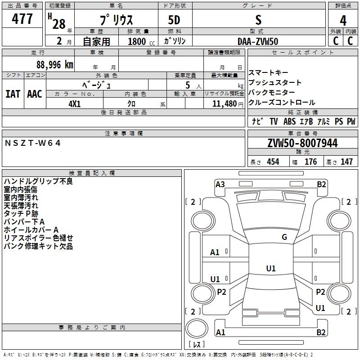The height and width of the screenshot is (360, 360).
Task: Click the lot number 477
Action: [x=22, y=19]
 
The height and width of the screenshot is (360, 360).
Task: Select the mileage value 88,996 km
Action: [x=55, y=64]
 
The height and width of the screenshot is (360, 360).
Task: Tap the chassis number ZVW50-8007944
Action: [x=302, y=143]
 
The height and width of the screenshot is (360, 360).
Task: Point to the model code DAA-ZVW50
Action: [x=258, y=41]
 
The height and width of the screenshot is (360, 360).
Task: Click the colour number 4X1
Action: [x=75, y=103]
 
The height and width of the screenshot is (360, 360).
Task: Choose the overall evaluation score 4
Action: [x=343, y=20]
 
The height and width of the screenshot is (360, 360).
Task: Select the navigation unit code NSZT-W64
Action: [x=32, y=143]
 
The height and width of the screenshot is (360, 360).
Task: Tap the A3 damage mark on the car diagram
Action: [x=220, y=184]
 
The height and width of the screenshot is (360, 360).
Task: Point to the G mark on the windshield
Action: [x=284, y=237]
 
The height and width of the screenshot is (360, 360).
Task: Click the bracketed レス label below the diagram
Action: [x=196, y=345]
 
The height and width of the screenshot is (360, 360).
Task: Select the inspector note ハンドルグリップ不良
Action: [x=38, y=182]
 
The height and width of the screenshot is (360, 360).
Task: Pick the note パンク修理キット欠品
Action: [x=38, y=247]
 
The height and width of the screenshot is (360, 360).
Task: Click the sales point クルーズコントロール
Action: [x=282, y=103]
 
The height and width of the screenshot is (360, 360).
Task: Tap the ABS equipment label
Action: [x=290, y=121]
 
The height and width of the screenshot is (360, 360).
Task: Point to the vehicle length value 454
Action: [x=273, y=162]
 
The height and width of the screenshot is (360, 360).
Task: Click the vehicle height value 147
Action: [x=346, y=162]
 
